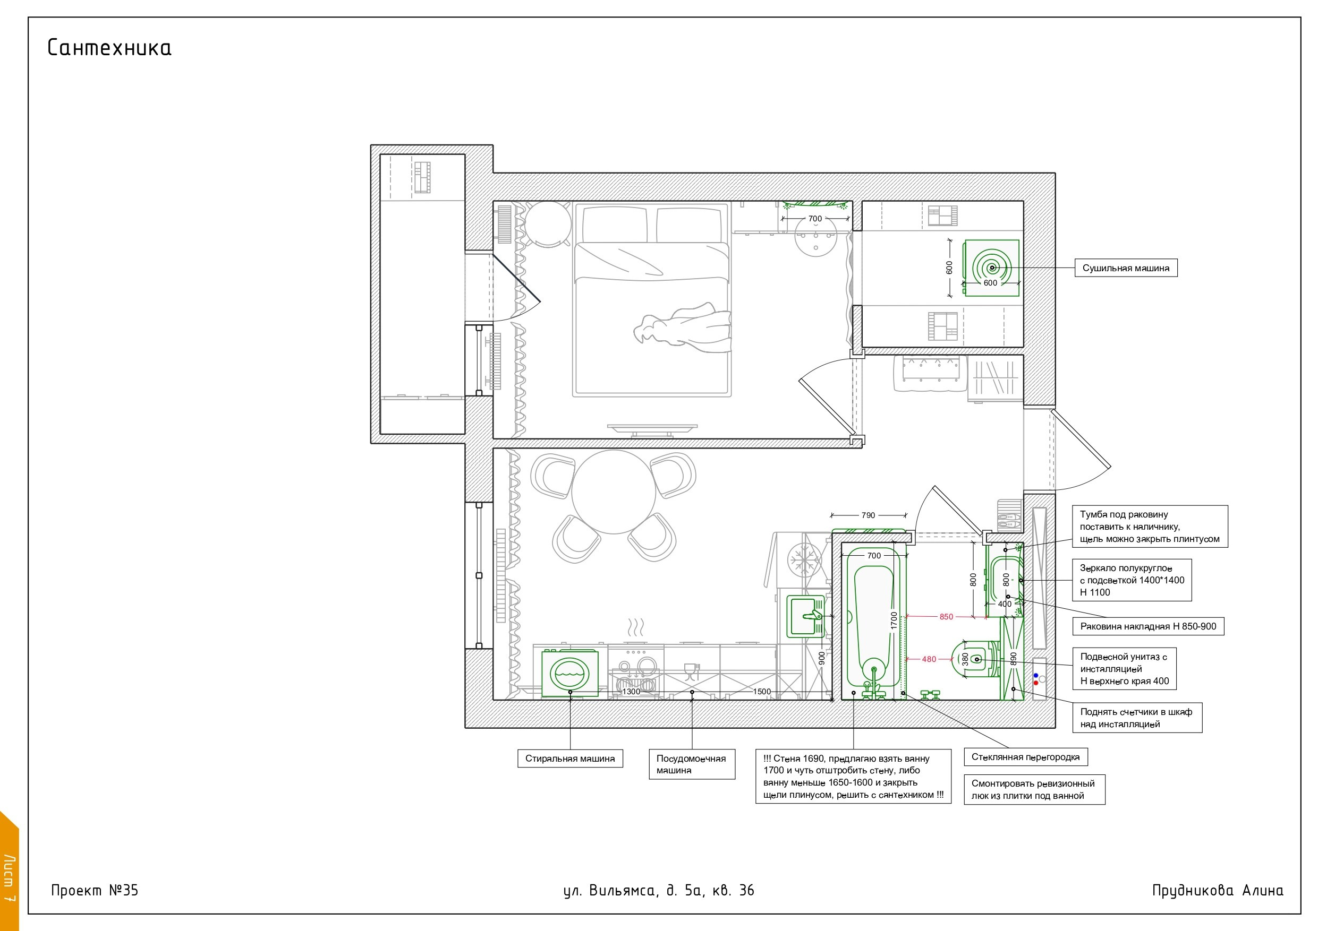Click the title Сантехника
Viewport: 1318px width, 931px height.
coord(109,48)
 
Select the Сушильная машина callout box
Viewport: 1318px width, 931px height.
coord(1126,268)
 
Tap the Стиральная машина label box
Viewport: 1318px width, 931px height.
coord(570,758)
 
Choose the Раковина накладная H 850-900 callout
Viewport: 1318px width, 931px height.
coord(1148,626)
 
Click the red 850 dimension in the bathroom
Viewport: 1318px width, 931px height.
coord(946,617)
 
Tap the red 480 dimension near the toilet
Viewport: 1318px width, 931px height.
coord(929,660)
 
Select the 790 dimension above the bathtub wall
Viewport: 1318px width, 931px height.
coord(869,515)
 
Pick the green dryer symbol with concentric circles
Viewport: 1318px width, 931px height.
coord(991,268)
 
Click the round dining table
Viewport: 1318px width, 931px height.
coord(614,492)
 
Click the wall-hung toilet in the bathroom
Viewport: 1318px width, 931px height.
coord(976,660)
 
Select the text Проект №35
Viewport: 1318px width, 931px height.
coord(95,890)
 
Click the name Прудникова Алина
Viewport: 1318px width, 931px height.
coord(1218,890)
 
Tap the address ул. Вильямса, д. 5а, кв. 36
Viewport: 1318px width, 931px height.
coord(658,890)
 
